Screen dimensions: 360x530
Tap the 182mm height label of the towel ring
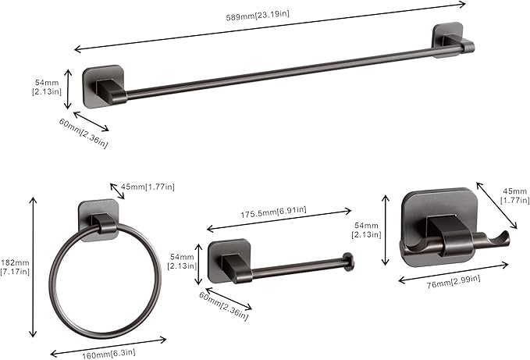[x=16, y=267]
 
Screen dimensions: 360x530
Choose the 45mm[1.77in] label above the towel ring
[x=148, y=187]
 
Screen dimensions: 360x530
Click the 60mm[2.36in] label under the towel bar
[x=84, y=132]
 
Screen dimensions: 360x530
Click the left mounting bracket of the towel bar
[x=104, y=85]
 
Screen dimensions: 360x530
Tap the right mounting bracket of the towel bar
[x=448, y=42]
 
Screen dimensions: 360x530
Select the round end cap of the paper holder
[x=350, y=262]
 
